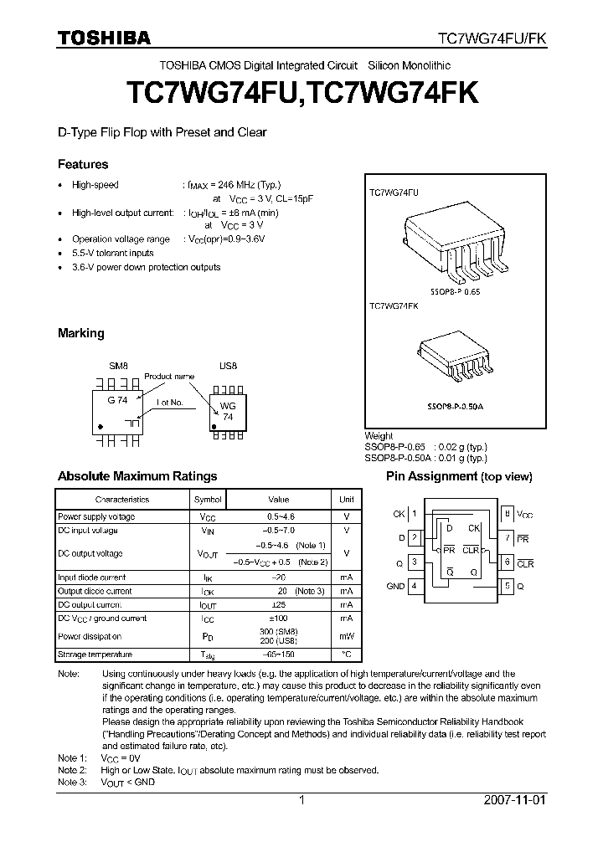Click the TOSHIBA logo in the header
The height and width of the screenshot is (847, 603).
[104, 38]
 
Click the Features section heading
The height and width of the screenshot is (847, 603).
[83, 165]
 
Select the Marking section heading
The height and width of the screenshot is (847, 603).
[81, 333]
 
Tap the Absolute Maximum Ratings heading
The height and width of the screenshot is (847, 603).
[137, 476]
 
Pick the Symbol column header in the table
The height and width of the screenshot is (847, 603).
[208, 499]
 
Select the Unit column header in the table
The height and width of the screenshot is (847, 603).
[346, 499]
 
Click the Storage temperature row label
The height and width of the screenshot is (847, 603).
[95, 654]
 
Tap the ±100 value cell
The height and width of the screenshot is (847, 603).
[279, 619]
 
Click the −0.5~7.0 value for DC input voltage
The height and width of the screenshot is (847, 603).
[279, 531]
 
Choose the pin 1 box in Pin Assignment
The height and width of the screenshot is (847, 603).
[414, 513]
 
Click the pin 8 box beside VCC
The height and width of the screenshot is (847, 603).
[507, 513]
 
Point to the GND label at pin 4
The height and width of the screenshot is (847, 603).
[395, 586]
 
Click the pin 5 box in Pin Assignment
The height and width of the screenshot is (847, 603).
[507, 586]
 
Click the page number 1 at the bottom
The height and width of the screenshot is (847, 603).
[301, 800]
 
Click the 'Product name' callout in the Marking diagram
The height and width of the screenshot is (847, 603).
[169, 377]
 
